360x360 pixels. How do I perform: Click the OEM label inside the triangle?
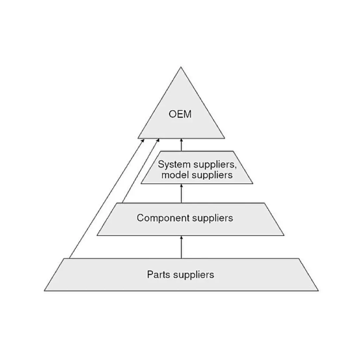point(180,114)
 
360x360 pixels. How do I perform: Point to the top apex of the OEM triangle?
point(181,67)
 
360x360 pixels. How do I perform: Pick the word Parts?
point(159,275)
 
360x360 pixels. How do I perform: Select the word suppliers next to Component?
point(212,218)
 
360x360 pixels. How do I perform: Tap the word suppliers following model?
point(212,175)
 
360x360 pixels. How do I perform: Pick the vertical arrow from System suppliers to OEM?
point(181,144)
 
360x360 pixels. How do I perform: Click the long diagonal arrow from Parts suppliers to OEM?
point(107,199)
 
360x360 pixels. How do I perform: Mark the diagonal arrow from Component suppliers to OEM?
point(140,171)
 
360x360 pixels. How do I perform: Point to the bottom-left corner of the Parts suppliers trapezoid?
point(45,291)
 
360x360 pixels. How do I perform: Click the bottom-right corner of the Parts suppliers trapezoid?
point(318,291)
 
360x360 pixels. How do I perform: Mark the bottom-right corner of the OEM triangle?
point(224,138)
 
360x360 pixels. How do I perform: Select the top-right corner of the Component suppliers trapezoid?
point(264,203)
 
